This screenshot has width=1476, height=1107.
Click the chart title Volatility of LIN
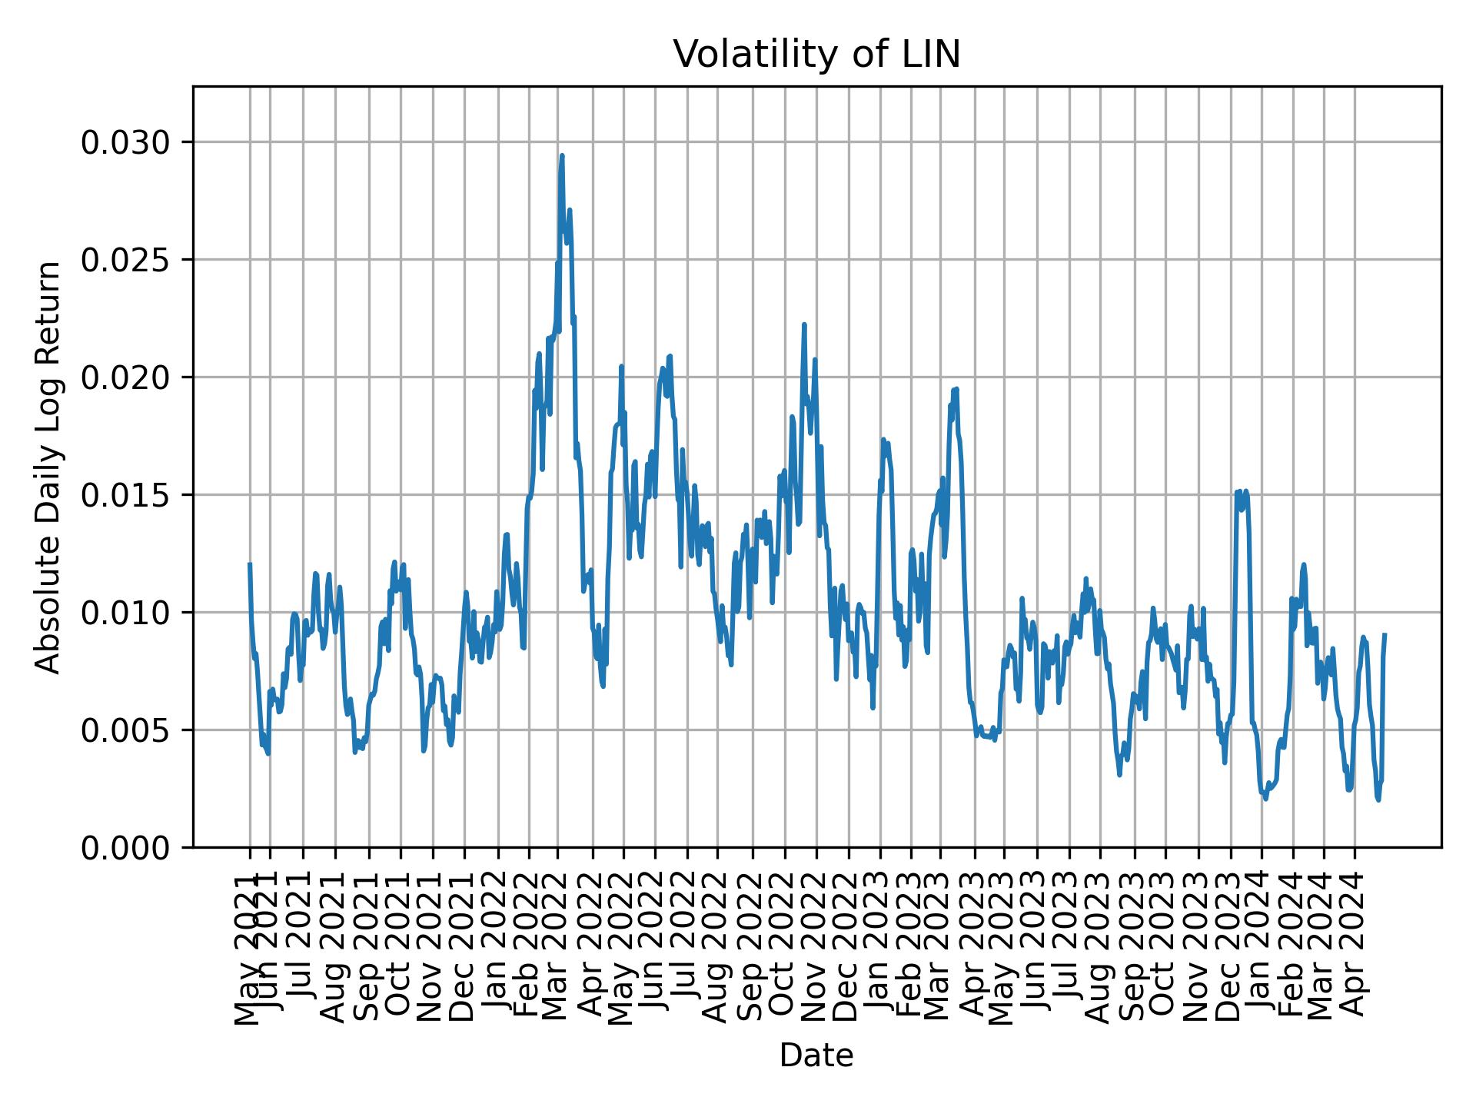click(816, 55)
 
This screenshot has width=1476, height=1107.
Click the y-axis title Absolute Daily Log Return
click(49, 467)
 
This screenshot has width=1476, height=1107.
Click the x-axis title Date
click(816, 1055)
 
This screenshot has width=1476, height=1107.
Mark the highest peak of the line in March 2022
click(562, 156)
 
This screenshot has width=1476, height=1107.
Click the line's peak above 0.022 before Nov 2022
click(804, 324)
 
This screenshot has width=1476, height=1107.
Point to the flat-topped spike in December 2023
click(1241, 493)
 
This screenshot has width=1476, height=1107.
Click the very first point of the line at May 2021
click(250, 564)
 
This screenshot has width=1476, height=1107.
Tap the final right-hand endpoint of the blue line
click(1385, 635)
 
